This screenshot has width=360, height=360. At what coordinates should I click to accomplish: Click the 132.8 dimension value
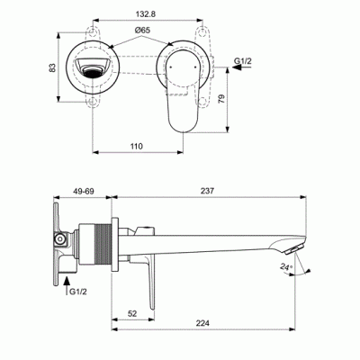[146, 14]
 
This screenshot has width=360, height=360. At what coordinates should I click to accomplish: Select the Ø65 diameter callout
[142, 31]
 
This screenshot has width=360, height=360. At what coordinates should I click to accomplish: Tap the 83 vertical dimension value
[52, 67]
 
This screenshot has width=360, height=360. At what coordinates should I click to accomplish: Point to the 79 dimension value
[221, 99]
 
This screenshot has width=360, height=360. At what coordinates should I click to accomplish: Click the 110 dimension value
[137, 147]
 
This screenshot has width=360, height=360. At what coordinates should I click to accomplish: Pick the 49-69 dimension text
[82, 191]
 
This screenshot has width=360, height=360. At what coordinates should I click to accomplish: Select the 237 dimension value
[207, 191]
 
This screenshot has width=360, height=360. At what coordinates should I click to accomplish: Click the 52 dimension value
[132, 314]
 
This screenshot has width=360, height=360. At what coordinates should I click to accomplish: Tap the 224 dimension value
[202, 323]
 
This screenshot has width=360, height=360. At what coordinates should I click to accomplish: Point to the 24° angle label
[286, 266]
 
